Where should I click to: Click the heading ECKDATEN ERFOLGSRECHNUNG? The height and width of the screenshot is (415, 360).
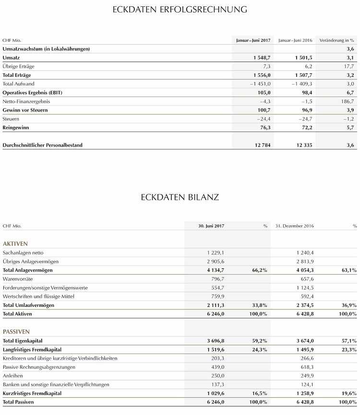(180, 9)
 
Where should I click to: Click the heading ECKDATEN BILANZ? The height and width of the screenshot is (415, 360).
(180, 197)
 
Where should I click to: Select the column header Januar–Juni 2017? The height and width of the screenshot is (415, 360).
(252, 40)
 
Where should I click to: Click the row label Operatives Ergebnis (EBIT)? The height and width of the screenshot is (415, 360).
(33, 93)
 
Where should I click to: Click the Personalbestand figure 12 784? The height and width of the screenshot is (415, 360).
(261, 145)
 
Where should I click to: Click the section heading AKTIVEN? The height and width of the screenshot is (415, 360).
(15, 244)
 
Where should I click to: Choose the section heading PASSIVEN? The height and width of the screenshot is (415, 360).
(16, 331)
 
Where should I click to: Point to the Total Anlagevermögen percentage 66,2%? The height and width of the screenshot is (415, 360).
(259, 270)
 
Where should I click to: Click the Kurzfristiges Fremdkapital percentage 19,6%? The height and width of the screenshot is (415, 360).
(348, 393)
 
